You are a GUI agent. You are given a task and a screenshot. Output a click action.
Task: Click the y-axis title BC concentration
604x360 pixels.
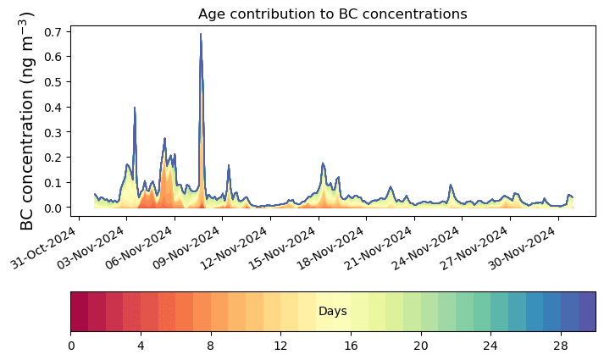click(x=27, y=120)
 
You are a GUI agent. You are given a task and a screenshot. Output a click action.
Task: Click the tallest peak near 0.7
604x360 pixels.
click(x=201, y=36)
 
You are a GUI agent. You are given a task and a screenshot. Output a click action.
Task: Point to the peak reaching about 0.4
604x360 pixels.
click(x=135, y=108)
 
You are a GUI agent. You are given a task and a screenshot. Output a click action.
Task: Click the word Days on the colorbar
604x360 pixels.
click(x=333, y=312)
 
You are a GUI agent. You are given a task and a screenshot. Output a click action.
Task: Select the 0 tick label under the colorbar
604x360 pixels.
click(x=71, y=346)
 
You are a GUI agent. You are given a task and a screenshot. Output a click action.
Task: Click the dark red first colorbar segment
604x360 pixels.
click(x=80, y=312)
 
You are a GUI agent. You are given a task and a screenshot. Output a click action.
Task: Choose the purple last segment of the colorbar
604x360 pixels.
click(x=586, y=312)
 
